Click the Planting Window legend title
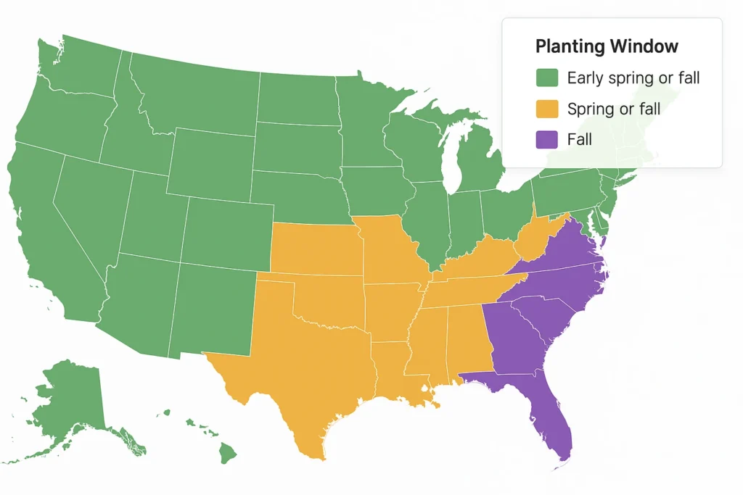pyautogui.click(x=607, y=46)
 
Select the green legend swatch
pyautogui.click(x=546, y=78)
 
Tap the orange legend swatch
pyautogui.click(x=546, y=109)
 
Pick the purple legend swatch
pyautogui.click(x=546, y=139)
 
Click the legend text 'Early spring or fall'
pyautogui.click(x=633, y=78)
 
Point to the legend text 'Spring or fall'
pyautogui.click(x=614, y=109)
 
